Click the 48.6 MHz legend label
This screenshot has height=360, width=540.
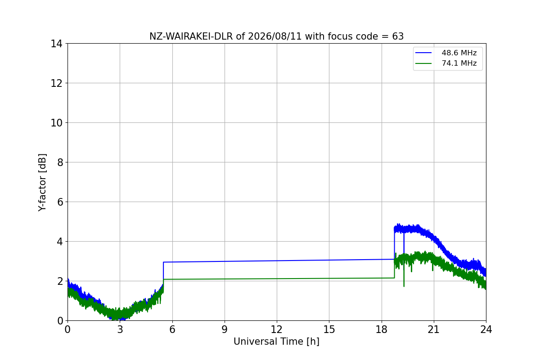[x=459, y=53]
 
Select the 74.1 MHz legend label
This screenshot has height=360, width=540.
[x=459, y=63]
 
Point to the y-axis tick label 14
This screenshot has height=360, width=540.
[x=56, y=44]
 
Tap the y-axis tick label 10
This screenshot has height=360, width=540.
[x=56, y=123]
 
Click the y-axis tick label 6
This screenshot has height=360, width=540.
[x=60, y=202]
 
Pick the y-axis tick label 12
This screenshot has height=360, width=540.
[x=56, y=83]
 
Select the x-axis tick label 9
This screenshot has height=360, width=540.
[x=225, y=329]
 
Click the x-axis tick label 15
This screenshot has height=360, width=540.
[x=329, y=329]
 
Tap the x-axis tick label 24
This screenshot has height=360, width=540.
[x=486, y=329]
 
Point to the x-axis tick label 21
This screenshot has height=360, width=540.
[x=434, y=329]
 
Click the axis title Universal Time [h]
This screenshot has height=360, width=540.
[x=276, y=342]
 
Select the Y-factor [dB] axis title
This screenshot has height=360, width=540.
[x=42, y=183]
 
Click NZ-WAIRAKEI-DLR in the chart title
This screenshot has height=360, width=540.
[x=191, y=36]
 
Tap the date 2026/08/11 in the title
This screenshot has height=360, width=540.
[x=275, y=36]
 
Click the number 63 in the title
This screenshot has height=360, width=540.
[x=398, y=36]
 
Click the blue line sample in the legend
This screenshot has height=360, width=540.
[x=423, y=53]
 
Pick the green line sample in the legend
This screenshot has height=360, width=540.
[x=423, y=63]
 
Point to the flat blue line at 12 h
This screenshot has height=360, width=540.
[x=277, y=261]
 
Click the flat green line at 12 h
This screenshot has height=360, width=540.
[x=277, y=279]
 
